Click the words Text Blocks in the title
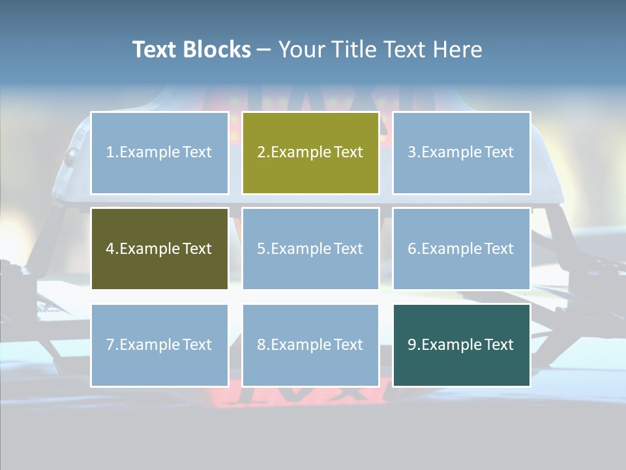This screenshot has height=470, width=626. pyautogui.click(x=191, y=50)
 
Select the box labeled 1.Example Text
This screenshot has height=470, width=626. pyautogui.click(x=160, y=153)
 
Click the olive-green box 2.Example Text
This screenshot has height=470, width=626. pyautogui.click(x=310, y=153)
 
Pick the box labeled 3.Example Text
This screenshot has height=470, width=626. pyautogui.click(x=461, y=153)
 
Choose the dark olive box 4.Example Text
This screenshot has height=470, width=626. pyautogui.click(x=160, y=249)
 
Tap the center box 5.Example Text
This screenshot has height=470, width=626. pyautogui.click(x=310, y=249)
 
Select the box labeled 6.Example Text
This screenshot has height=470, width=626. pyautogui.click(x=461, y=249)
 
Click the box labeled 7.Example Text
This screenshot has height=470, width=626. pyautogui.click(x=160, y=345)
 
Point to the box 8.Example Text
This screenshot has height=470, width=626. pyautogui.click(x=310, y=345)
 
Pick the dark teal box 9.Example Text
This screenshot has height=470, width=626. pyautogui.click(x=461, y=345)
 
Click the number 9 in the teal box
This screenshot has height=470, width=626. pyautogui.click(x=412, y=345)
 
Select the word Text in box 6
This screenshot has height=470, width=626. pyautogui.click(x=499, y=249)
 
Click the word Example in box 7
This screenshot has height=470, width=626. pyautogui.click(x=149, y=345)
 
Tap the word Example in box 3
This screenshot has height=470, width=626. pyautogui.click(x=451, y=153)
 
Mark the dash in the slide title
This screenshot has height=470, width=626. pyautogui.click(x=264, y=50)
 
